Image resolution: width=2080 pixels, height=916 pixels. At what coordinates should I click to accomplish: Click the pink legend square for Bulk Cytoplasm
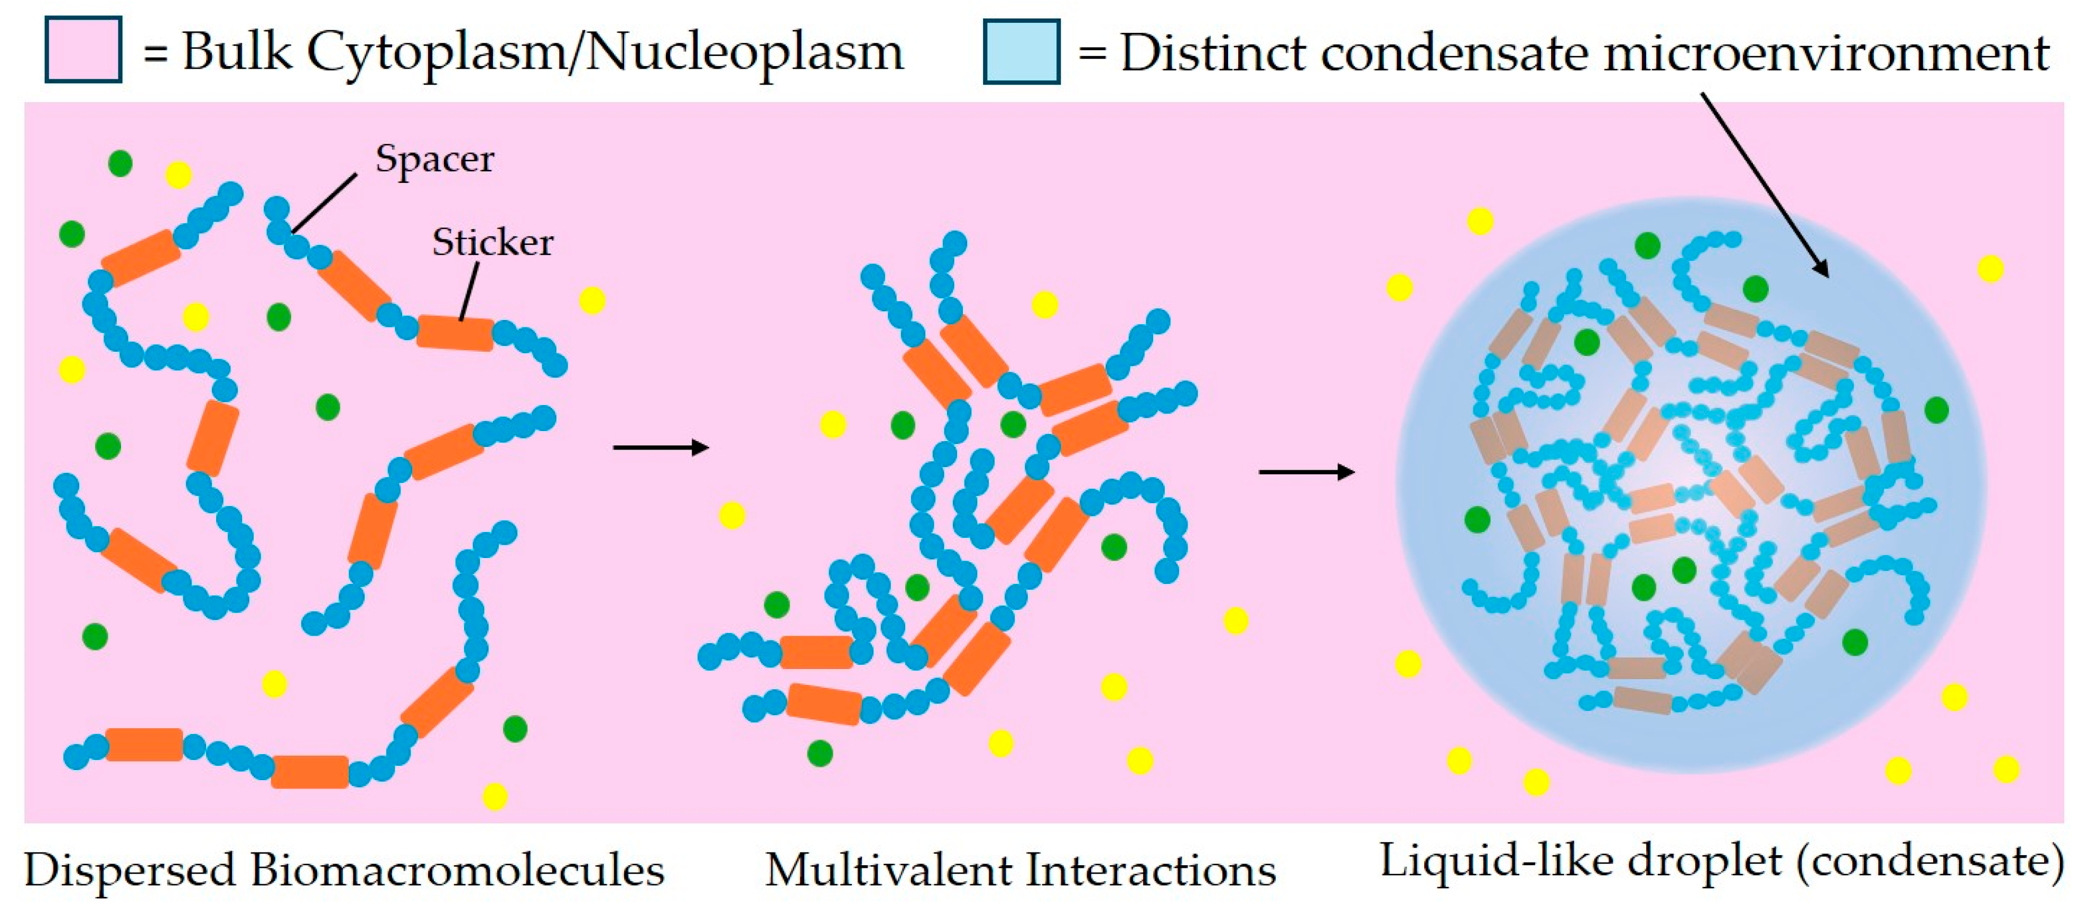coord(83,50)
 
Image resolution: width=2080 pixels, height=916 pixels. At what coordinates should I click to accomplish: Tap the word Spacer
coord(434,159)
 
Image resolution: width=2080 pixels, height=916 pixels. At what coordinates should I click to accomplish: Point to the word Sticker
coord(493,242)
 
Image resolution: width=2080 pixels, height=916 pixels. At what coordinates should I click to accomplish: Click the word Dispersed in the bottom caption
coord(129,871)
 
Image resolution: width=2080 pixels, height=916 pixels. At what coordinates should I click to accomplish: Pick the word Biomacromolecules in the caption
coord(457,871)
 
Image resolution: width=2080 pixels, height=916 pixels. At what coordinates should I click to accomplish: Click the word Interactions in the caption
coord(1150,871)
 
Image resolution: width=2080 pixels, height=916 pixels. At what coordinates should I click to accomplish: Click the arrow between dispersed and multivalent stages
coord(661,447)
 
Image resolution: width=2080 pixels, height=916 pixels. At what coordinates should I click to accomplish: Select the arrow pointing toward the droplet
coord(1306,472)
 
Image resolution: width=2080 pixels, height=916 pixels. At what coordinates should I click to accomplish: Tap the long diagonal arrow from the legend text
coord(1765,186)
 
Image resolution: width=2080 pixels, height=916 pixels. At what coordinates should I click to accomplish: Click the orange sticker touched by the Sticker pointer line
coord(454,333)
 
